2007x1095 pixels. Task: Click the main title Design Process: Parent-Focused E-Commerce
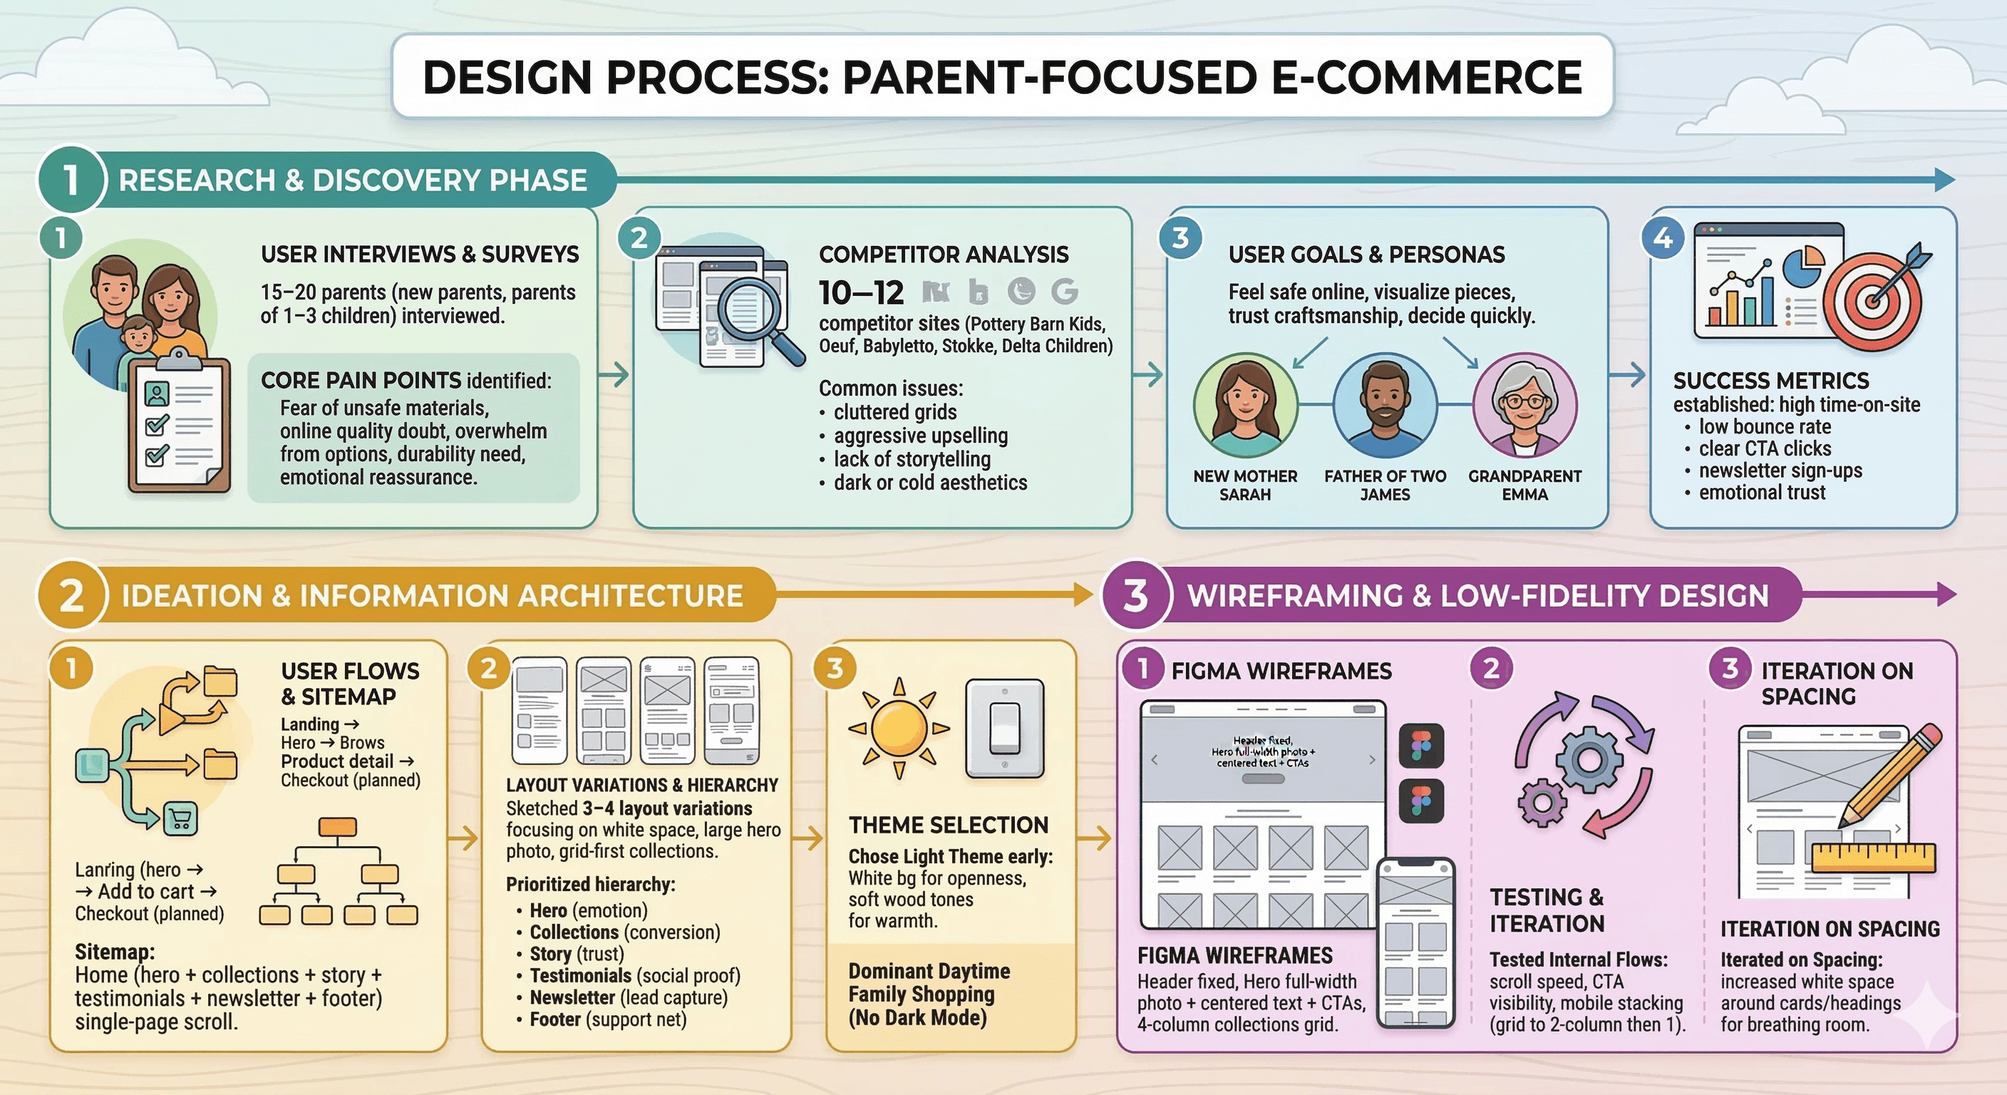pos(1002,76)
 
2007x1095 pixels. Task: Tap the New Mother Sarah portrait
pos(1245,405)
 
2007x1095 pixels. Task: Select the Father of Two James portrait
pos(1385,405)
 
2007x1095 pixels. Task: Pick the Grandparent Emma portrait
pos(1524,405)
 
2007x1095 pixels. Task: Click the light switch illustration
pos(1004,729)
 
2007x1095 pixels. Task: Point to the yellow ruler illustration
pos(1873,858)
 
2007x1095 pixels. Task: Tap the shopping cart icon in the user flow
pos(180,819)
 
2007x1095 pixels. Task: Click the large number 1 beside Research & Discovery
pos(71,180)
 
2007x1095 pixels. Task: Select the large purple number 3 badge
pos(1136,595)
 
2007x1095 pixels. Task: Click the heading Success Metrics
pos(1770,381)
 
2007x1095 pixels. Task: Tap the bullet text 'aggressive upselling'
pos(920,436)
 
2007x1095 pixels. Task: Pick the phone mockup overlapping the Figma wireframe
pos(1415,943)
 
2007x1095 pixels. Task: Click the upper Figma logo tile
pos(1421,745)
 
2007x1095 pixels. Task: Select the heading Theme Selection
pos(948,825)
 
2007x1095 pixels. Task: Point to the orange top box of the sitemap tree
pos(337,827)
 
